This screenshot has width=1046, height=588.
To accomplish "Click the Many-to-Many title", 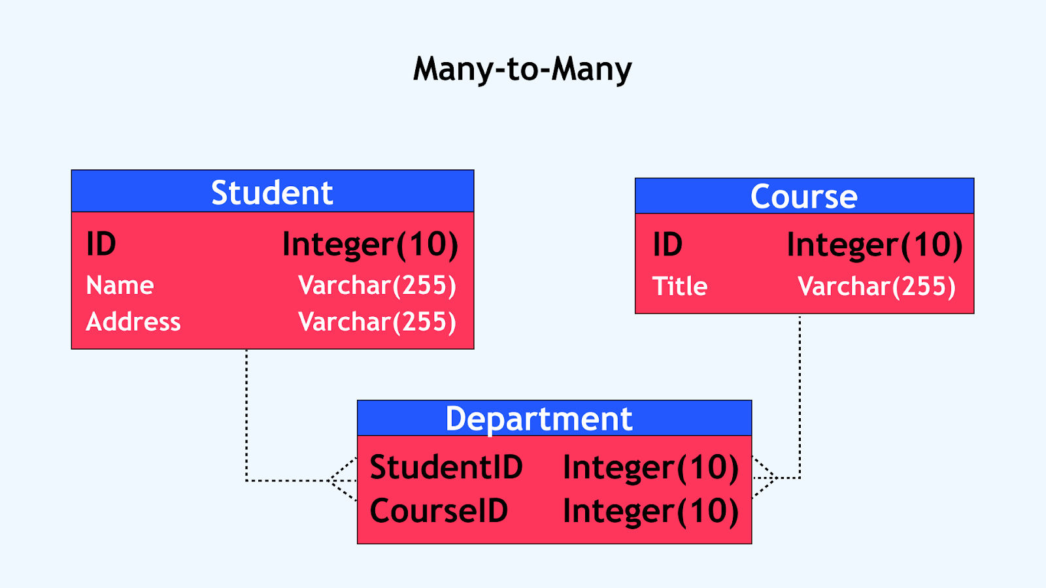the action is tap(522, 69).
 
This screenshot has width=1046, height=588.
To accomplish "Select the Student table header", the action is tap(272, 191).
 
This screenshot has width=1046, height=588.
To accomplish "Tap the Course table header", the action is tap(804, 196).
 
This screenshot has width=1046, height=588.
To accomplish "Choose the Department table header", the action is tap(554, 418).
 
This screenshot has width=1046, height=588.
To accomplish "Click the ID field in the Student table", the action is tap(101, 244).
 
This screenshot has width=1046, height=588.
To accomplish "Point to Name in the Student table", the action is tap(120, 285).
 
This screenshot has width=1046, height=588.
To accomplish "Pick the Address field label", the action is tap(133, 321).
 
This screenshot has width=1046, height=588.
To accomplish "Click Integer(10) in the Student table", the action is tap(370, 245).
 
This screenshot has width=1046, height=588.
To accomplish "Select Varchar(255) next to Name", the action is tap(377, 286).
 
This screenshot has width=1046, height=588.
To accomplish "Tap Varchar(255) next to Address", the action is tap(377, 322).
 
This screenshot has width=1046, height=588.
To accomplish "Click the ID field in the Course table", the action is tap(667, 244).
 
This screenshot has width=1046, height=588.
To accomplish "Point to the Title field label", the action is tap(680, 286).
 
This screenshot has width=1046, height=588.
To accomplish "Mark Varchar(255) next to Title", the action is tap(877, 287).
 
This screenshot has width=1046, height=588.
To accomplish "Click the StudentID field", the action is tap(446, 466).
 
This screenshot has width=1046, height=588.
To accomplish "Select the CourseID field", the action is tap(439, 510).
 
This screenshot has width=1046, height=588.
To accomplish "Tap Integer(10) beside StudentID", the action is tap(651, 468).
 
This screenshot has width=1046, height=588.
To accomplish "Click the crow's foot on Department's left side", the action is tap(343, 480).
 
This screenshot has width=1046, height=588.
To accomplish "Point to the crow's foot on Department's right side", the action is tap(764, 478).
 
